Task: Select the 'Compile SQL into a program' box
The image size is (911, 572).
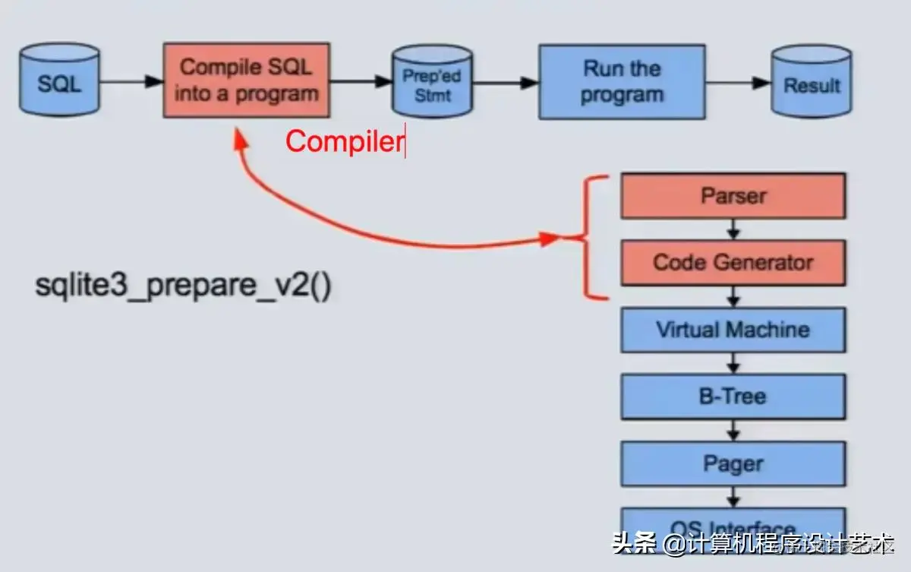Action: pos(246,80)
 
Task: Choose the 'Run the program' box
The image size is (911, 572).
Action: pos(623,81)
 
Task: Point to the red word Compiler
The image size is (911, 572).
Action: pos(343,141)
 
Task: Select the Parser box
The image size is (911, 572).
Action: pos(733,196)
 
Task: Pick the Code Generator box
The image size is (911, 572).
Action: pos(733,263)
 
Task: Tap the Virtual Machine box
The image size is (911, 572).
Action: pos(733,330)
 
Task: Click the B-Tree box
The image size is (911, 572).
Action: pos(733,397)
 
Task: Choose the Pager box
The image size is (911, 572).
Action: pos(733,463)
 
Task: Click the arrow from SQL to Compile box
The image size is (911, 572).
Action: pos(131,81)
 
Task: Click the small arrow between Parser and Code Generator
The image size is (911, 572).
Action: pos(733,229)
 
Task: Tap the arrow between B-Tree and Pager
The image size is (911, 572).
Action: pos(733,430)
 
